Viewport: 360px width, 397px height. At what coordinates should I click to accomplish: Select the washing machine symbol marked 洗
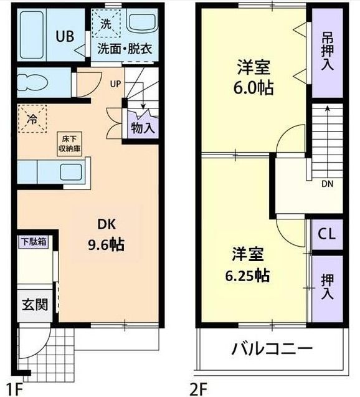[104, 24]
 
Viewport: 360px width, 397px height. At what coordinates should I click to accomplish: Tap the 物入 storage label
[143, 128]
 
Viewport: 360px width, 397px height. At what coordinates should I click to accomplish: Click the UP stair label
[116, 84]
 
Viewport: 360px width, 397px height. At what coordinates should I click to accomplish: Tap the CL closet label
[326, 234]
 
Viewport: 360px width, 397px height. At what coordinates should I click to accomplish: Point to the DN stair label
[327, 184]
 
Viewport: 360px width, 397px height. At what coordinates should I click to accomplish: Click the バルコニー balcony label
[272, 348]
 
